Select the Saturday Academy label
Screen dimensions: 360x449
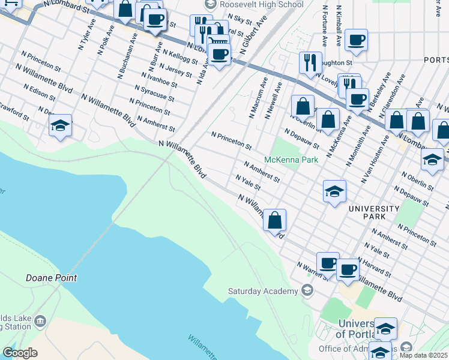(263, 292)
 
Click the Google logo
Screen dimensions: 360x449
(20, 353)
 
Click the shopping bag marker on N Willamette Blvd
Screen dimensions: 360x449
(274, 220)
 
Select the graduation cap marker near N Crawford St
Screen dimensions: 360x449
(60, 126)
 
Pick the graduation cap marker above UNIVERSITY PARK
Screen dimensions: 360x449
(334, 192)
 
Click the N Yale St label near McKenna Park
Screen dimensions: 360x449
(247, 182)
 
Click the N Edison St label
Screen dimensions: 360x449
(40, 92)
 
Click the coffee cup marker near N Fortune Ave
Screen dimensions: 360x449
(356, 40)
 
